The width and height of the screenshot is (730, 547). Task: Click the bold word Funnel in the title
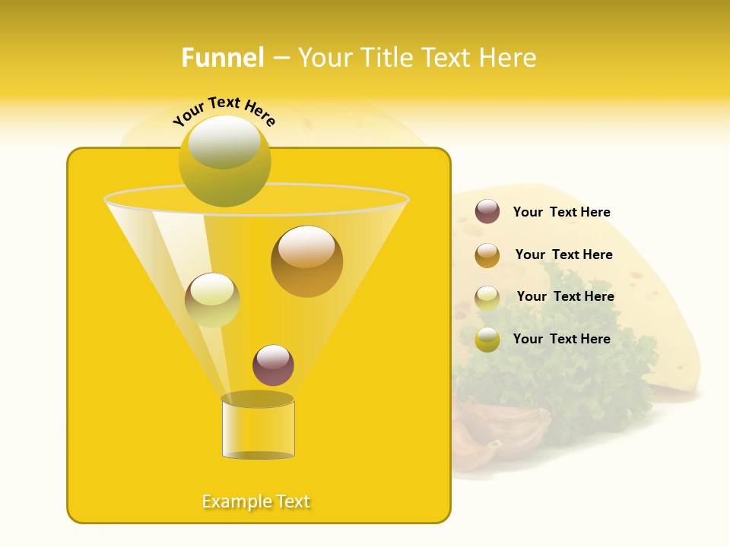coord(223,58)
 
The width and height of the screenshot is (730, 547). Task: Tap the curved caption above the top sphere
coord(224,111)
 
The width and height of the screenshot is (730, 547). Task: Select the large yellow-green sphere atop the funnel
coord(224,161)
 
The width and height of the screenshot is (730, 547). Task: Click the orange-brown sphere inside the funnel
coord(306,261)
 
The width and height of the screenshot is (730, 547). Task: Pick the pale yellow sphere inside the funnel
coord(212,299)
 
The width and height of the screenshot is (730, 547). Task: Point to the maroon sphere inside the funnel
coord(273,365)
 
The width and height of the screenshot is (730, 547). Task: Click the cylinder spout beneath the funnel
coord(258,428)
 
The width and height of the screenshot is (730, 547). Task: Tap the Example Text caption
coord(256,501)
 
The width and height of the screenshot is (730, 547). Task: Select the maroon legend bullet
coord(487,212)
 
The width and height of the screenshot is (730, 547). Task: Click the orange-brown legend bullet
coord(487,255)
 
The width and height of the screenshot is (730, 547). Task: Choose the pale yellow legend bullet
coord(487,297)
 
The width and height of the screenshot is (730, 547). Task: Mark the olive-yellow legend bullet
coord(487,340)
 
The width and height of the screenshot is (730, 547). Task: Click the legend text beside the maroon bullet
coord(561,213)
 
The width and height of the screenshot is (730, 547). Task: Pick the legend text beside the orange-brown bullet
coord(563,255)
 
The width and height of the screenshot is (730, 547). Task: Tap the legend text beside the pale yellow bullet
coord(565,297)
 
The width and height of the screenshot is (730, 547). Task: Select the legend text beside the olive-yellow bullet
coord(561,340)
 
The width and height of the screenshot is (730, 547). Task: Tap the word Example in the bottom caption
coord(236,501)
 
